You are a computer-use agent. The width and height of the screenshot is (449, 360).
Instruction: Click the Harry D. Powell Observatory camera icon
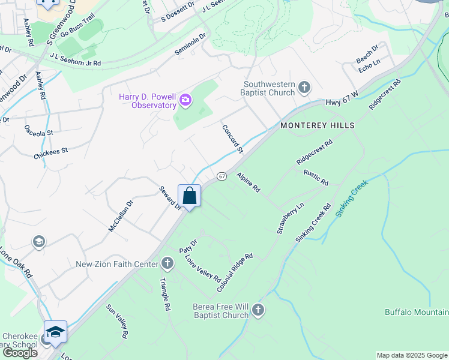point(185,100)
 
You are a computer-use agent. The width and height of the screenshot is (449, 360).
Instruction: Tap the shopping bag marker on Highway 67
point(190,196)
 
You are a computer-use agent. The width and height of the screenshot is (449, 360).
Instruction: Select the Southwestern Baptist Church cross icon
point(304,88)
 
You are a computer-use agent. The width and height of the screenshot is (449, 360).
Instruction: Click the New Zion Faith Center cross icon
point(167,263)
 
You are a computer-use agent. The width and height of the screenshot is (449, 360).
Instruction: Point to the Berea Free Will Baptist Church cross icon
point(258,310)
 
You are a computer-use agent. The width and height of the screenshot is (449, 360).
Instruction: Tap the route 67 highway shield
point(222,176)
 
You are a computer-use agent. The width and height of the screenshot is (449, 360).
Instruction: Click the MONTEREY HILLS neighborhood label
point(316,125)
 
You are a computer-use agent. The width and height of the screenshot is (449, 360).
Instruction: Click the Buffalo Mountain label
point(417,312)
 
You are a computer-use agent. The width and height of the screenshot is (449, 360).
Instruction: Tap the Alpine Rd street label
point(248,182)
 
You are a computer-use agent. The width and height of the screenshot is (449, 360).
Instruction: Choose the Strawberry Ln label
point(291,218)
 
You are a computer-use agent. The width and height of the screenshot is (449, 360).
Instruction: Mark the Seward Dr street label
point(170,197)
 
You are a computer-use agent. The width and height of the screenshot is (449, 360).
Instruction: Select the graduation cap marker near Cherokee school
point(55,332)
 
